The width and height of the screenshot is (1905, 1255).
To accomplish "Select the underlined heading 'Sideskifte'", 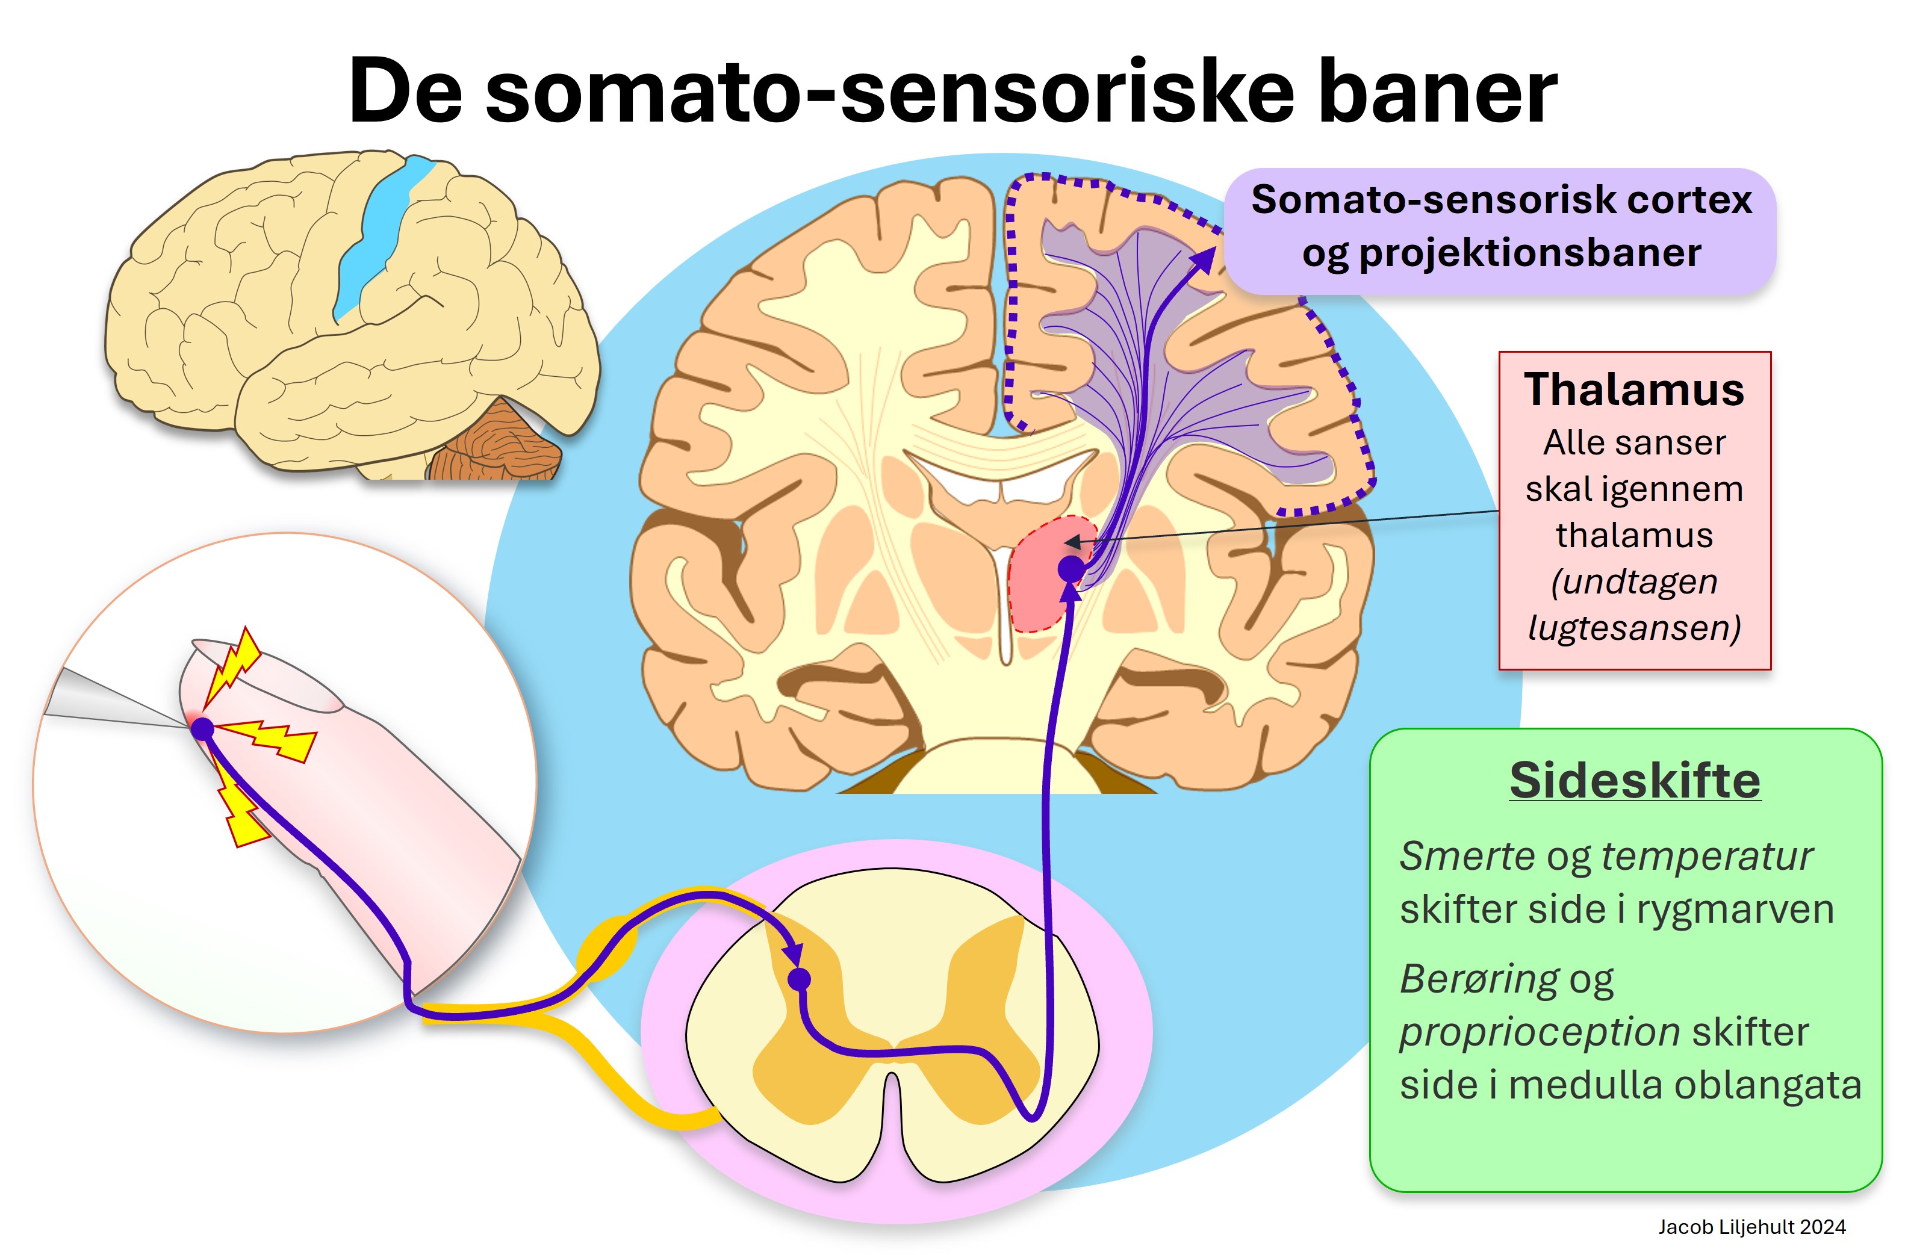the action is click(x=1635, y=779).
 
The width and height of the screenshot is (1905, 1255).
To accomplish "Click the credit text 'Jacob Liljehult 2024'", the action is click(x=1751, y=1227).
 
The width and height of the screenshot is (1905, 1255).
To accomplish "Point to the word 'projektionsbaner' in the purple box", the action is click(x=1530, y=253).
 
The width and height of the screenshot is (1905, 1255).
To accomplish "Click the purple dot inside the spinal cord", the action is click(x=799, y=979).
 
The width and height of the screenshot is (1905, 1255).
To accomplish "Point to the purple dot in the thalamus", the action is click(x=1071, y=569).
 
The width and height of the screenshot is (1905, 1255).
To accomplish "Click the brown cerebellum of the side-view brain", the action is click(x=496, y=444).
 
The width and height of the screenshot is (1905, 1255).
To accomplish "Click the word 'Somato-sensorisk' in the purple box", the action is click(x=1392, y=199).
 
